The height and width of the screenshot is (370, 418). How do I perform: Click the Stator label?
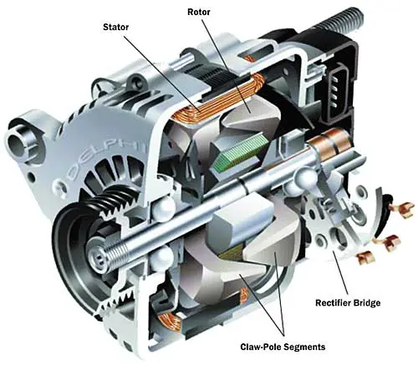point(115,27)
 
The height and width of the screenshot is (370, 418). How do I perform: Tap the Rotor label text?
point(199,12)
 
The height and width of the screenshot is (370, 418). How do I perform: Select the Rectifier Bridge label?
point(348,302)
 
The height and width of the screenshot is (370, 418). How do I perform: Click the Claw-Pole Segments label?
point(283,347)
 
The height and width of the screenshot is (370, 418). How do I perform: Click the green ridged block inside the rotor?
point(241,151)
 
